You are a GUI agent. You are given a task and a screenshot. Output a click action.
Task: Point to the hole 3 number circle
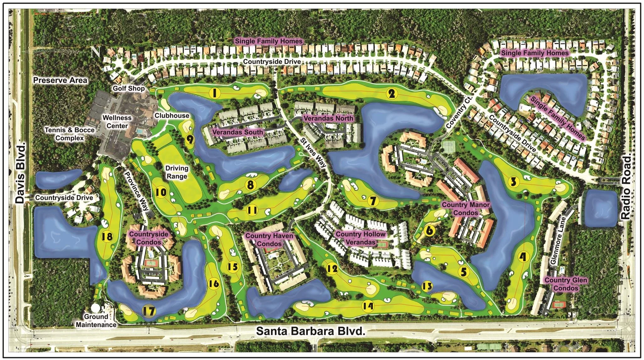click(x=513, y=182)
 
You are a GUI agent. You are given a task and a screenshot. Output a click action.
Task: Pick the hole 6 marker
click(x=430, y=231)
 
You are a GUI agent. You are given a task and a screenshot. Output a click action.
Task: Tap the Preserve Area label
click(x=60, y=80)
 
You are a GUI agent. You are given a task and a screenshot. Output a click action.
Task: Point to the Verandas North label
click(x=328, y=118)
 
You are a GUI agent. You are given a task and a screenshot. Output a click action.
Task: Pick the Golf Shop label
click(x=129, y=88)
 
